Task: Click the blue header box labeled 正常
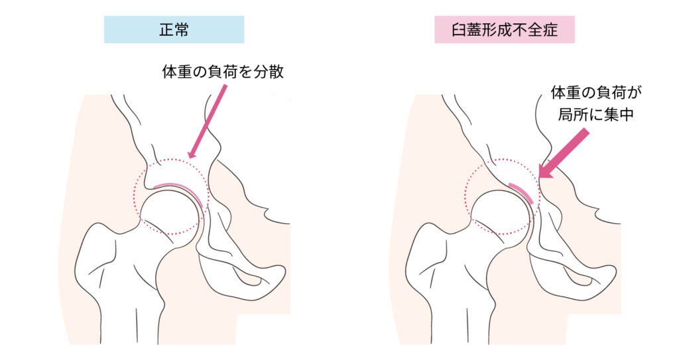174,29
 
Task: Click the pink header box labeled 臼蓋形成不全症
505,29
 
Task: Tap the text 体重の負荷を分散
223,72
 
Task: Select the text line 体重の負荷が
596,93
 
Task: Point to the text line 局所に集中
596,115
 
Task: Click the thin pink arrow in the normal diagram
208,121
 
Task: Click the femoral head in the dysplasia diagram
501,213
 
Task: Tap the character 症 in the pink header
550,30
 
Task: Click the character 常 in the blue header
182,29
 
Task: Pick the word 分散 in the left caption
269,72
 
